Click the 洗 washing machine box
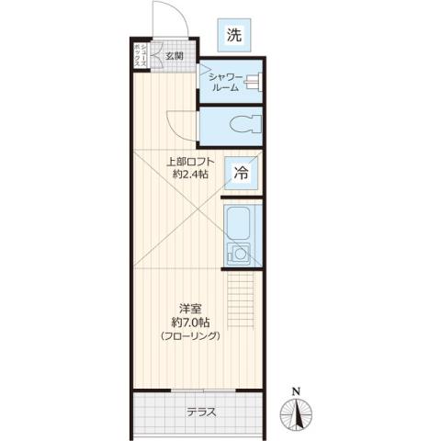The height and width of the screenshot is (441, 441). (x=234, y=36)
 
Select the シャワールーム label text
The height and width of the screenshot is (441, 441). (x=228, y=82)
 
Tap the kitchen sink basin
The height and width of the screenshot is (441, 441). (x=240, y=223)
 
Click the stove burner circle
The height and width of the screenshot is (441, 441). (x=240, y=254)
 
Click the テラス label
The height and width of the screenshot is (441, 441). (x=201, y=412)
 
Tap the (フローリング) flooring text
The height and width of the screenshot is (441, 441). (x=191, y=336)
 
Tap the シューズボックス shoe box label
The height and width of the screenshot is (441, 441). (x=140, y=55)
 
